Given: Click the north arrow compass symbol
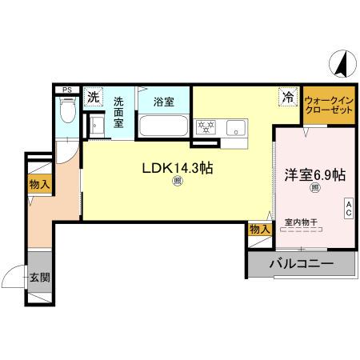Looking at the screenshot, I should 342,63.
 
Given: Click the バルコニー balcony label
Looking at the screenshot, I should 301,263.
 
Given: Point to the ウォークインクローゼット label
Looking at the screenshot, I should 328,104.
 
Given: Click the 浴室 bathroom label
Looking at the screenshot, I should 164,102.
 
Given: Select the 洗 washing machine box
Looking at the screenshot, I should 93,98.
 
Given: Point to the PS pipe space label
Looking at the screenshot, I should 67,89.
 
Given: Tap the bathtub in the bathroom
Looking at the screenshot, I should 164,126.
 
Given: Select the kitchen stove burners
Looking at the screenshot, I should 206,126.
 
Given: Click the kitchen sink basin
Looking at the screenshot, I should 237,126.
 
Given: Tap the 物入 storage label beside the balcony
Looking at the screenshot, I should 258,230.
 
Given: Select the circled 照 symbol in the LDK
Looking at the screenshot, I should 177,183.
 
